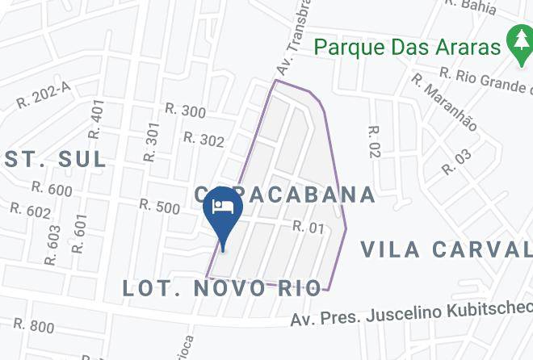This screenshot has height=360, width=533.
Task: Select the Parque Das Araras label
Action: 407,46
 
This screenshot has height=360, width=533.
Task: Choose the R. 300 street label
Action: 185,111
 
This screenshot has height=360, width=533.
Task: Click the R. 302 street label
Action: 204,140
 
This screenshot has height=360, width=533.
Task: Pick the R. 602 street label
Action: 31,210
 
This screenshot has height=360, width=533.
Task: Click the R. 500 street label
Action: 159,206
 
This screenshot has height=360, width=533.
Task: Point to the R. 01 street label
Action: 308,228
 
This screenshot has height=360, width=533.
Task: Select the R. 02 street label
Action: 373,142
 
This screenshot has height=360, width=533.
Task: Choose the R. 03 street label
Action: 456,161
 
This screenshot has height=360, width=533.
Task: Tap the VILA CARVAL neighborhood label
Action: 447,248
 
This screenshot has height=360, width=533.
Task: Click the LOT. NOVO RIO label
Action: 222,288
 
